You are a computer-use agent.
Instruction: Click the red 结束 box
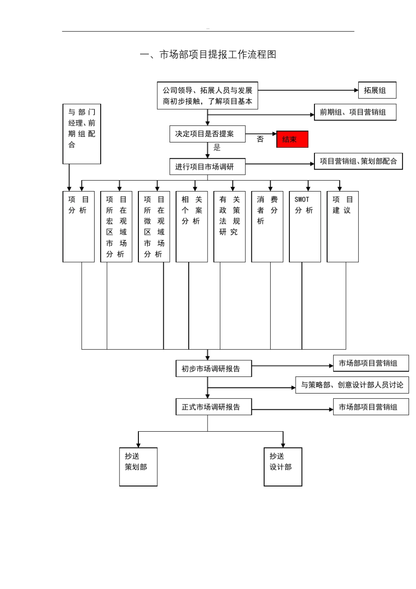coord(292,139)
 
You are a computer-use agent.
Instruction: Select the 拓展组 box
coord(377,90)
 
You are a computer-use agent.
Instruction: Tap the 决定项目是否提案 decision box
coord(207,134)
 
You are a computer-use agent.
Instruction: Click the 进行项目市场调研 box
coord(207,167)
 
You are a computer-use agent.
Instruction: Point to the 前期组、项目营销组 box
coord(355,112)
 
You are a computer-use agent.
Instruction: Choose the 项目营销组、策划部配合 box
coord(358,161)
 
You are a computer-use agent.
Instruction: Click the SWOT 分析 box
coord(305,227)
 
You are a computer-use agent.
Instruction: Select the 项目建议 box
coord(342,227)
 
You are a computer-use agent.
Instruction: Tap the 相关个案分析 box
coord(192,227)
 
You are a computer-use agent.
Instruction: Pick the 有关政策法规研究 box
coord(229,227)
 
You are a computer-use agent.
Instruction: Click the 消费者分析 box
coord(267,227)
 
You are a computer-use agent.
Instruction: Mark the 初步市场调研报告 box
coord(213,369)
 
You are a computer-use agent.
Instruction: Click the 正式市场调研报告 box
coord(213,407)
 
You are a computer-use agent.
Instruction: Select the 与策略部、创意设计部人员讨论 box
coord(352,385)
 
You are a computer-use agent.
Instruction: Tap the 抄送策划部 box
coord(138,466)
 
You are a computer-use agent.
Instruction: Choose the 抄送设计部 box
coord(282,466)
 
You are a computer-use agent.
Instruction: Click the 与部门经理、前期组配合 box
coord(82,134)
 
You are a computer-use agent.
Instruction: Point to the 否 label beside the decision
coord(260,139)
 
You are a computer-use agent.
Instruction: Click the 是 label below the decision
coord(217,148)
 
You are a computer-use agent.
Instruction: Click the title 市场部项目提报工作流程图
coord(208,55)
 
